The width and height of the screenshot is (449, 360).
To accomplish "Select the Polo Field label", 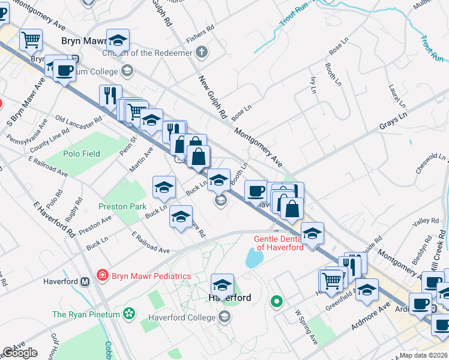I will coord(82,154).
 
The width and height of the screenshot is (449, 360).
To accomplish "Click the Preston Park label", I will coord(122,206).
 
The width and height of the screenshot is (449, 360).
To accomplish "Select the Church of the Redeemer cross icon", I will coord(202,52).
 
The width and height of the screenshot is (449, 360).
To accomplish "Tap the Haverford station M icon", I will coord(85,281).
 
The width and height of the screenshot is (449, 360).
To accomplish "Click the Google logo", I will coord(20,353).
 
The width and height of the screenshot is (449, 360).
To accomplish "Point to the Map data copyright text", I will coord(424,355).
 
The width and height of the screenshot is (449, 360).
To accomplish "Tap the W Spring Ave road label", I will coord(306,327).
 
